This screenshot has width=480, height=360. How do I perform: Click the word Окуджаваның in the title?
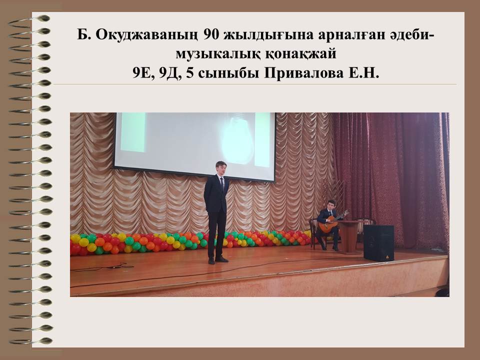[146, 35]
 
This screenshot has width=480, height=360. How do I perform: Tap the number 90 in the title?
[211, 35]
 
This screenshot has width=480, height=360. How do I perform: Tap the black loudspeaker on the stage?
[378, 243]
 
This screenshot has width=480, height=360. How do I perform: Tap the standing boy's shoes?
[218, 260]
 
